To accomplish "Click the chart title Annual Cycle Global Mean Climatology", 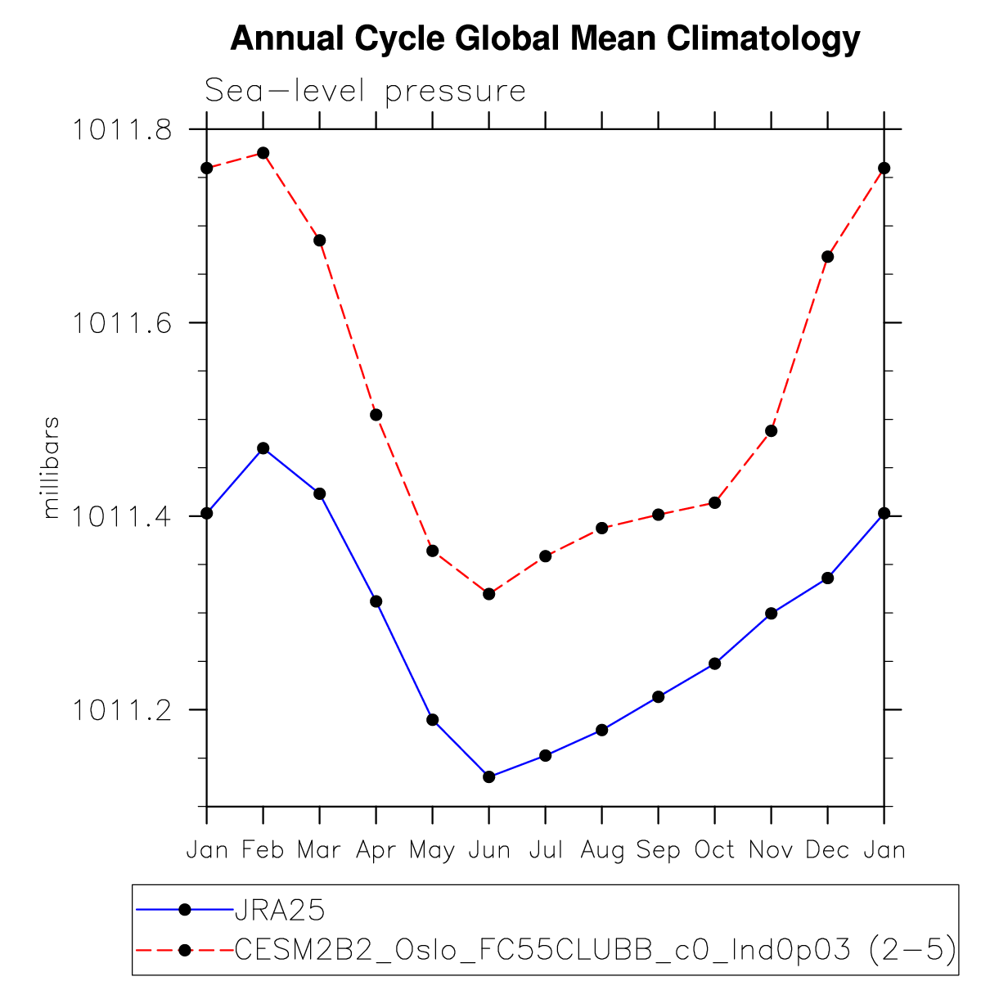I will [x=545, y=38].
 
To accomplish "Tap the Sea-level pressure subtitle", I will [x=365, y=91].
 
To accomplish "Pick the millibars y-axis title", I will [x=52, y=468].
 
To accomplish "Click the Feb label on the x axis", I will [x=263, y=851].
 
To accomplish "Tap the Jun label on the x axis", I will [x=489, y=851].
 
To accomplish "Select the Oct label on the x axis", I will [x=715, y=851].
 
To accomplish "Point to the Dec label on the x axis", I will [x=827, y=851].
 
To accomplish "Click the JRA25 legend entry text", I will [x=280, y=909].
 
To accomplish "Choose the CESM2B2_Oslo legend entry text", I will [x=596, y=950].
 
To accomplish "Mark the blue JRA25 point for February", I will [x=263, y=448].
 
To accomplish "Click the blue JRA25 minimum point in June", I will [x=489, y=776].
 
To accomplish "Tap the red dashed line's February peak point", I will [x=263, y=153].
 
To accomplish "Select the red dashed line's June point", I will [x=489, y=594].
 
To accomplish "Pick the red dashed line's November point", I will [x=771, y=431].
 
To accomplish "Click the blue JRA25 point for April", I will [x=376, y=601].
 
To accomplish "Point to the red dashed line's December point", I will [x=827, y=257].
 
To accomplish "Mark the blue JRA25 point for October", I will [x=715, y=664].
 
